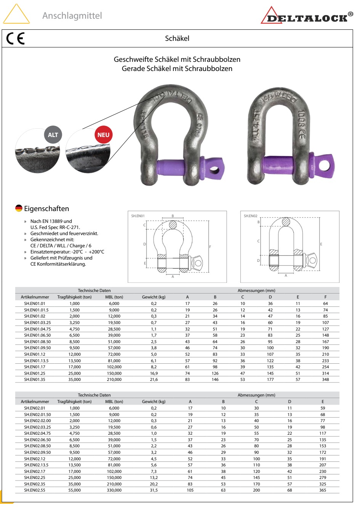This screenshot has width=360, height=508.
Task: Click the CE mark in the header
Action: pyautogui.click(x=15, y=39)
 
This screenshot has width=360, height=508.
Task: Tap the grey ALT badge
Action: pyautogui.click(x=53, y=135)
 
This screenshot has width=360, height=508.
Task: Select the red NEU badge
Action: pyautogui.click(x=103, y=135)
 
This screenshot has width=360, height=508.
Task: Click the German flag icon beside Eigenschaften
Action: pyautogui.click(x=19, y=208)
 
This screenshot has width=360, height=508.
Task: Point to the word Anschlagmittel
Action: pyautogui.click(x=72, y=16)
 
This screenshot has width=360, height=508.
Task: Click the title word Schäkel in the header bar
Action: pyautogui.click(x=177, y=38)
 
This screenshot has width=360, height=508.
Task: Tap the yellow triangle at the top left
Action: pyautogui.click(x=16, y=15)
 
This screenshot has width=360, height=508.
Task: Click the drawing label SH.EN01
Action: pyautogui.click(x=138, y=216)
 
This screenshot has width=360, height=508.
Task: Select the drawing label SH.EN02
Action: pyautogui.click(x=251, y=216)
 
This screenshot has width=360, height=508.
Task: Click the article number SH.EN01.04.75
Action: pyautogui.click(x=37, y=329)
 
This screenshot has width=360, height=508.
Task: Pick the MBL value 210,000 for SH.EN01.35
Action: pyautogui.click(x=114, y=380)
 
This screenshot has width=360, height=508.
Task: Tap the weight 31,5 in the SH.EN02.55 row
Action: pyautogui.click(x=154, y=490)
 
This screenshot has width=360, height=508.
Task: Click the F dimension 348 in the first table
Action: pyautogui.click(x=325, y=380)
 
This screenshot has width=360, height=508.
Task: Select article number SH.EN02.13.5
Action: pyautogui.click(x=36, y=465)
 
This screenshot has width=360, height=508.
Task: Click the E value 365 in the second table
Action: pyautogui.click(x=323, y=490)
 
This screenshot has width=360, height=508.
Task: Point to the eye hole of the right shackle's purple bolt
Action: pyautogui.click(x=325, y=165)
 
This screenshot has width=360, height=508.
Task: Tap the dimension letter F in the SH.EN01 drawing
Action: pyautogui.click(x=210, y=247)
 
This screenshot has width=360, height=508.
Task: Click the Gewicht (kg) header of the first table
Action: pyautogui.click(x=154, y=297)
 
